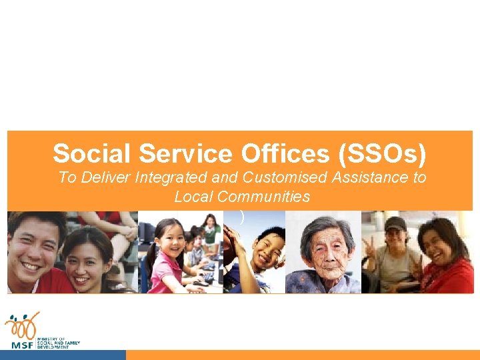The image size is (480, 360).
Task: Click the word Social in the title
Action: (x=93, y=154)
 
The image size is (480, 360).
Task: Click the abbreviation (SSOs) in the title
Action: (x=382, y=154)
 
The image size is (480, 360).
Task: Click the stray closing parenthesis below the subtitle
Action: (x=241, y=217)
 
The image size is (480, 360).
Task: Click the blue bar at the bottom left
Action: (x=63, y=355)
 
